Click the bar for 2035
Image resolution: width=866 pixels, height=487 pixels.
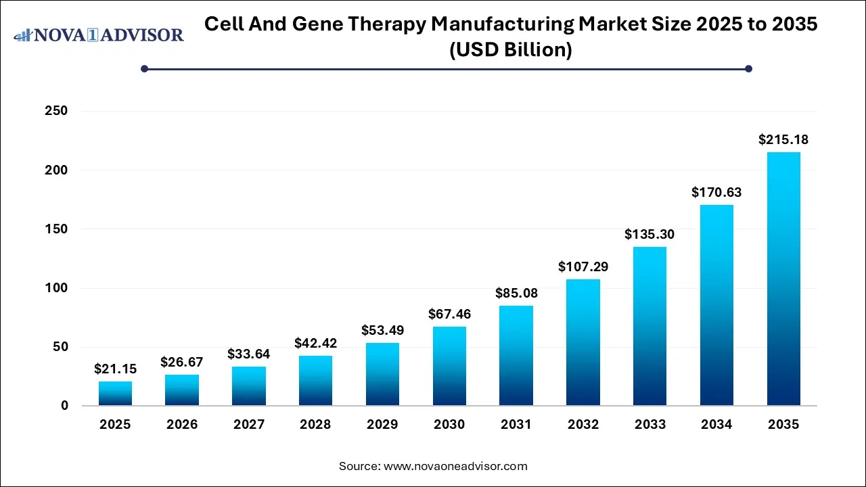coord(783,279)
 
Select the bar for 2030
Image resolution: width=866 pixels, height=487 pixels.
coord(449,366)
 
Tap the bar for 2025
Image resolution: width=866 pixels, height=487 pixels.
coord(115,393)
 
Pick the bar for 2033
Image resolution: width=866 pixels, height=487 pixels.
coord(649,326)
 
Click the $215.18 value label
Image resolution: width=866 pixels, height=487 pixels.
coord(783,140)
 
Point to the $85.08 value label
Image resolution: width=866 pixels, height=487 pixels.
coord(516,294)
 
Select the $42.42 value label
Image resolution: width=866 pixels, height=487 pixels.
coord(315,344)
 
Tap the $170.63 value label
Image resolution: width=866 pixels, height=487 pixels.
coord(716,193)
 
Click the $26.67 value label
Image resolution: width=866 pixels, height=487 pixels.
coord(182,363)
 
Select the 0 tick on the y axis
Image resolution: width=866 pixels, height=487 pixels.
coord(64,406)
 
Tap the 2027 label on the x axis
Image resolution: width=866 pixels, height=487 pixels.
coord(249,425)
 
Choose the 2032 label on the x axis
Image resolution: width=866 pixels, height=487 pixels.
coord(583,425)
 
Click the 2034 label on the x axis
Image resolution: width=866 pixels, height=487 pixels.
coord(716,425)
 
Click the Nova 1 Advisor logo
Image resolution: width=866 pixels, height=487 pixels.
coord(99,34)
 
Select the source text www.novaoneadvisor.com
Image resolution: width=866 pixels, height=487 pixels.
coord(455,466)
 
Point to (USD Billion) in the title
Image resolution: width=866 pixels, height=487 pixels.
coord(511,50)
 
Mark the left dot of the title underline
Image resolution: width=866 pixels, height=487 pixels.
coord(144,68)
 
